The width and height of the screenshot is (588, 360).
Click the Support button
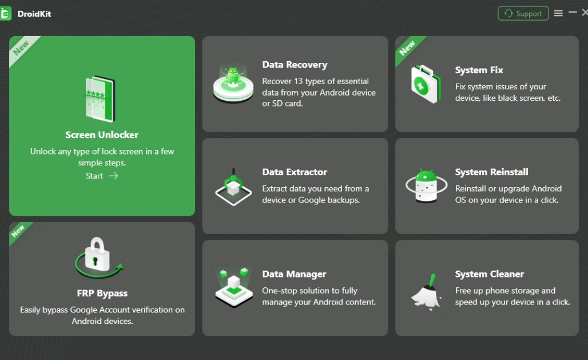[523, 14]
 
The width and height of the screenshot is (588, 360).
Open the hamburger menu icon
[558, 13]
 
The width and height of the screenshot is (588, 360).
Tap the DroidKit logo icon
[6, 14]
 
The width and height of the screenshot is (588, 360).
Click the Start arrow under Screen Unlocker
[113, 176]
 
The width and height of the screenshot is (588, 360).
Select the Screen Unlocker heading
[102, 135]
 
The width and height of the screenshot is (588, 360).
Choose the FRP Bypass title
[102, 293]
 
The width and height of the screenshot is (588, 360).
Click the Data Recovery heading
[295, 65]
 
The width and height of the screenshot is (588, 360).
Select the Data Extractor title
[295, 172]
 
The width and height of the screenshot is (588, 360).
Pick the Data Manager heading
[294, 274]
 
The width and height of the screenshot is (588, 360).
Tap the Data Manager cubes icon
[233, 286]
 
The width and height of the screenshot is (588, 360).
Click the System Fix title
[479, 70]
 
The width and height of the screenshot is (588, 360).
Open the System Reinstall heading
[491, 172]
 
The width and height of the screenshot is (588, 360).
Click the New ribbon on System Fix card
[407, 49]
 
